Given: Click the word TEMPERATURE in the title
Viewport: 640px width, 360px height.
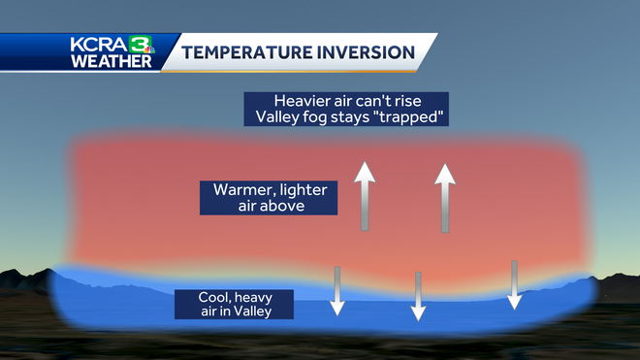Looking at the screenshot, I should (246, 51).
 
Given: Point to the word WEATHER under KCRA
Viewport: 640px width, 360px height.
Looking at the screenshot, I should (111, 62).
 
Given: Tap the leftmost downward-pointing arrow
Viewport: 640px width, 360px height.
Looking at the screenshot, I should (337, 290).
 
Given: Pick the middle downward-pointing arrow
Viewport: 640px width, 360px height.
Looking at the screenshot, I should (418, 296).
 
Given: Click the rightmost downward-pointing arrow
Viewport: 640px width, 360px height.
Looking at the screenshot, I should (515, 284).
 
